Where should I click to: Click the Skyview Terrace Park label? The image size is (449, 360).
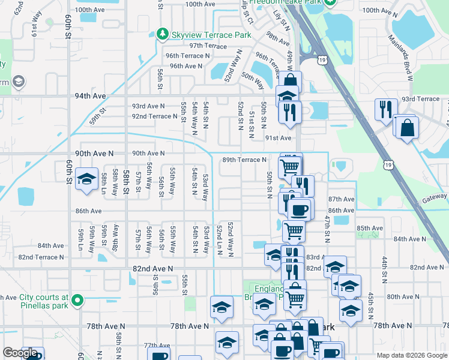[x=211, y=35]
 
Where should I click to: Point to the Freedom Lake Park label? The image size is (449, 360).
[x=286, y=2]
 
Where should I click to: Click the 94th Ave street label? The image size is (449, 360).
[x=91, y=96]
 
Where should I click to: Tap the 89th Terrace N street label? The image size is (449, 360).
[x=244, y=160]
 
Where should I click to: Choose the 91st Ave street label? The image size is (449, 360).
[x=278, y=138]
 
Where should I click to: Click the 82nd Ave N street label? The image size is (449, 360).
[x=152, y=269]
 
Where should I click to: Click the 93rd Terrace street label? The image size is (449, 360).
[x=420, y=99]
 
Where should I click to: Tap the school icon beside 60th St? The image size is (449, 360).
[x=87, y=179]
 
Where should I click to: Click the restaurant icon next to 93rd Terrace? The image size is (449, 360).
[x=385, y=109]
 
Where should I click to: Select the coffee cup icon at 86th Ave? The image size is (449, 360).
[x=300, y=209]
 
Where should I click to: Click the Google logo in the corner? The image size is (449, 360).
[x=20, y=353]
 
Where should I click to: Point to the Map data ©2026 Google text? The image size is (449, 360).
[x=411, y=355]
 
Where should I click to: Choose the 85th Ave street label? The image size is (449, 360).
[x=370, y=229]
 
